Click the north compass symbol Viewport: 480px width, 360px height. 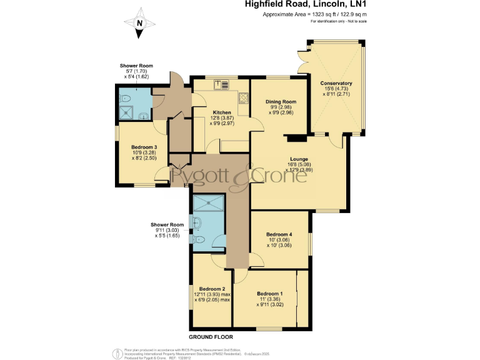140,24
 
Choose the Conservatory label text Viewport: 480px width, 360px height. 336,83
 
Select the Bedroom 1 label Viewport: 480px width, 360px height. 270,294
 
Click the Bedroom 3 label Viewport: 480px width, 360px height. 144,147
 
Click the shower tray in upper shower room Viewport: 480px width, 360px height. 127,112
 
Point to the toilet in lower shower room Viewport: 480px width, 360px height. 199,239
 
